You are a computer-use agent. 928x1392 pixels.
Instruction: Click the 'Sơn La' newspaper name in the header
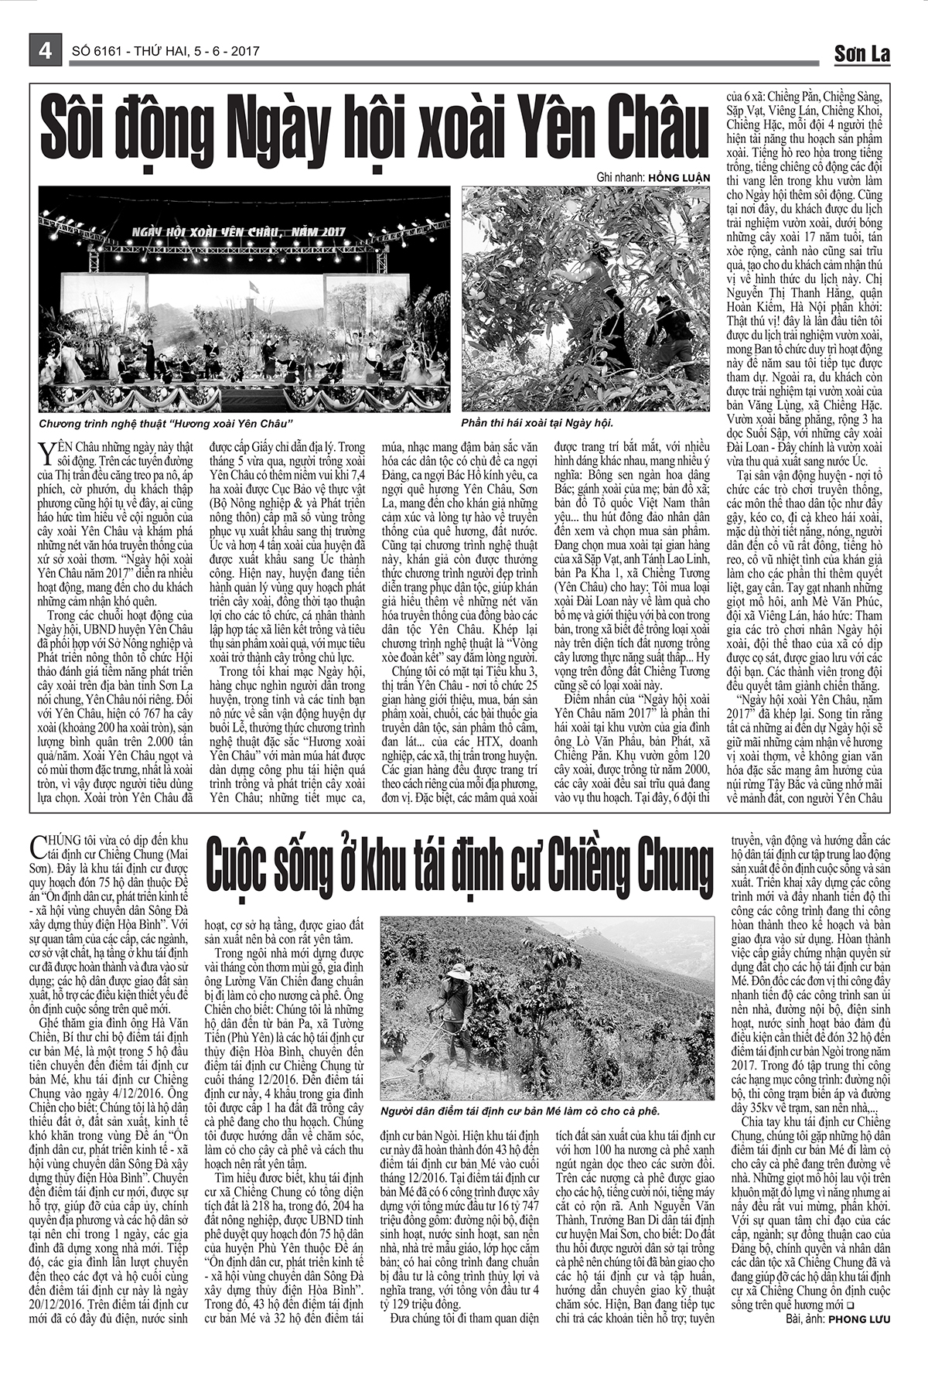point(861,53)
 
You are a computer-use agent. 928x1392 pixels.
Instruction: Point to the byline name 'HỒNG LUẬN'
point(679,176)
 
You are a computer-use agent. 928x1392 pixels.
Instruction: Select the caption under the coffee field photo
point(520,1111)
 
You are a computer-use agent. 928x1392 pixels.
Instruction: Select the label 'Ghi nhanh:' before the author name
point(622,176)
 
